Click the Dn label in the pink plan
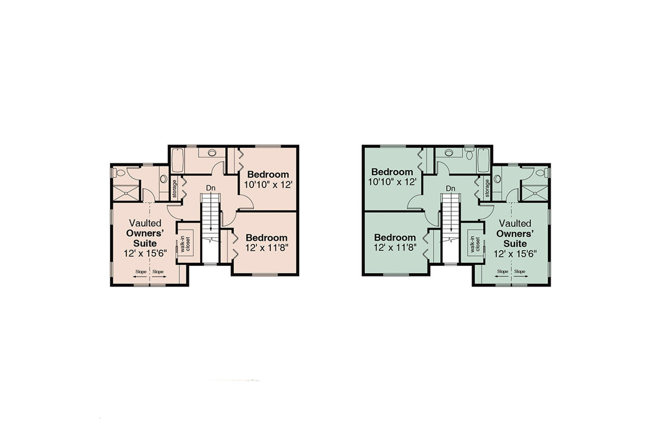pos(211,188)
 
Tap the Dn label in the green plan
pos(451,188)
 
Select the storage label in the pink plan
pos(175,188)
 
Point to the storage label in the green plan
pos(487,188)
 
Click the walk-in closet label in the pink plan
pos(184,244)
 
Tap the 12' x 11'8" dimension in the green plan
pos(394,247)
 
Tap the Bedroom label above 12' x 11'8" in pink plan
pos(266,237)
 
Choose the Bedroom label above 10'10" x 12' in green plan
pos(392,172)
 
